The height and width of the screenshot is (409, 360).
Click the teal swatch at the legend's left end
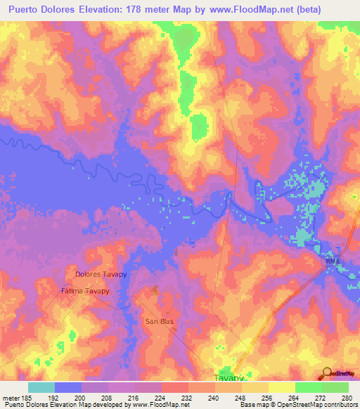click(41, 387)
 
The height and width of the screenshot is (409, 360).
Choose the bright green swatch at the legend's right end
click(335, 387)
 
